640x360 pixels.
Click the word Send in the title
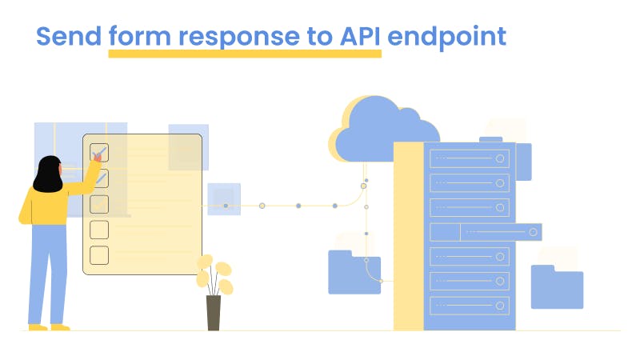(69, 37)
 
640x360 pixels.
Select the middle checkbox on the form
(99, 204)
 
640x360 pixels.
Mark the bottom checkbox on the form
(99, 255)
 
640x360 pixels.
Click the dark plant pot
(214, 313)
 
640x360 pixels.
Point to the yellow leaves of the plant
(215, 271)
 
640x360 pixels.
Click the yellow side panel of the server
(408, 240)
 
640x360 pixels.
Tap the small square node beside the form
(224, 200)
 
